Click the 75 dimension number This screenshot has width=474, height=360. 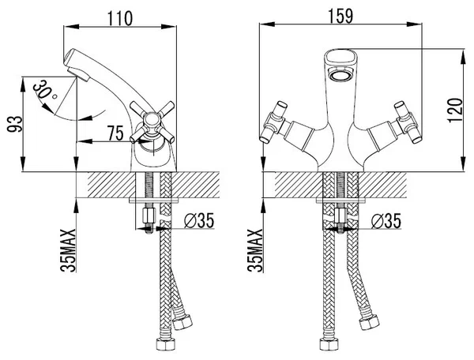(115, 133)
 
